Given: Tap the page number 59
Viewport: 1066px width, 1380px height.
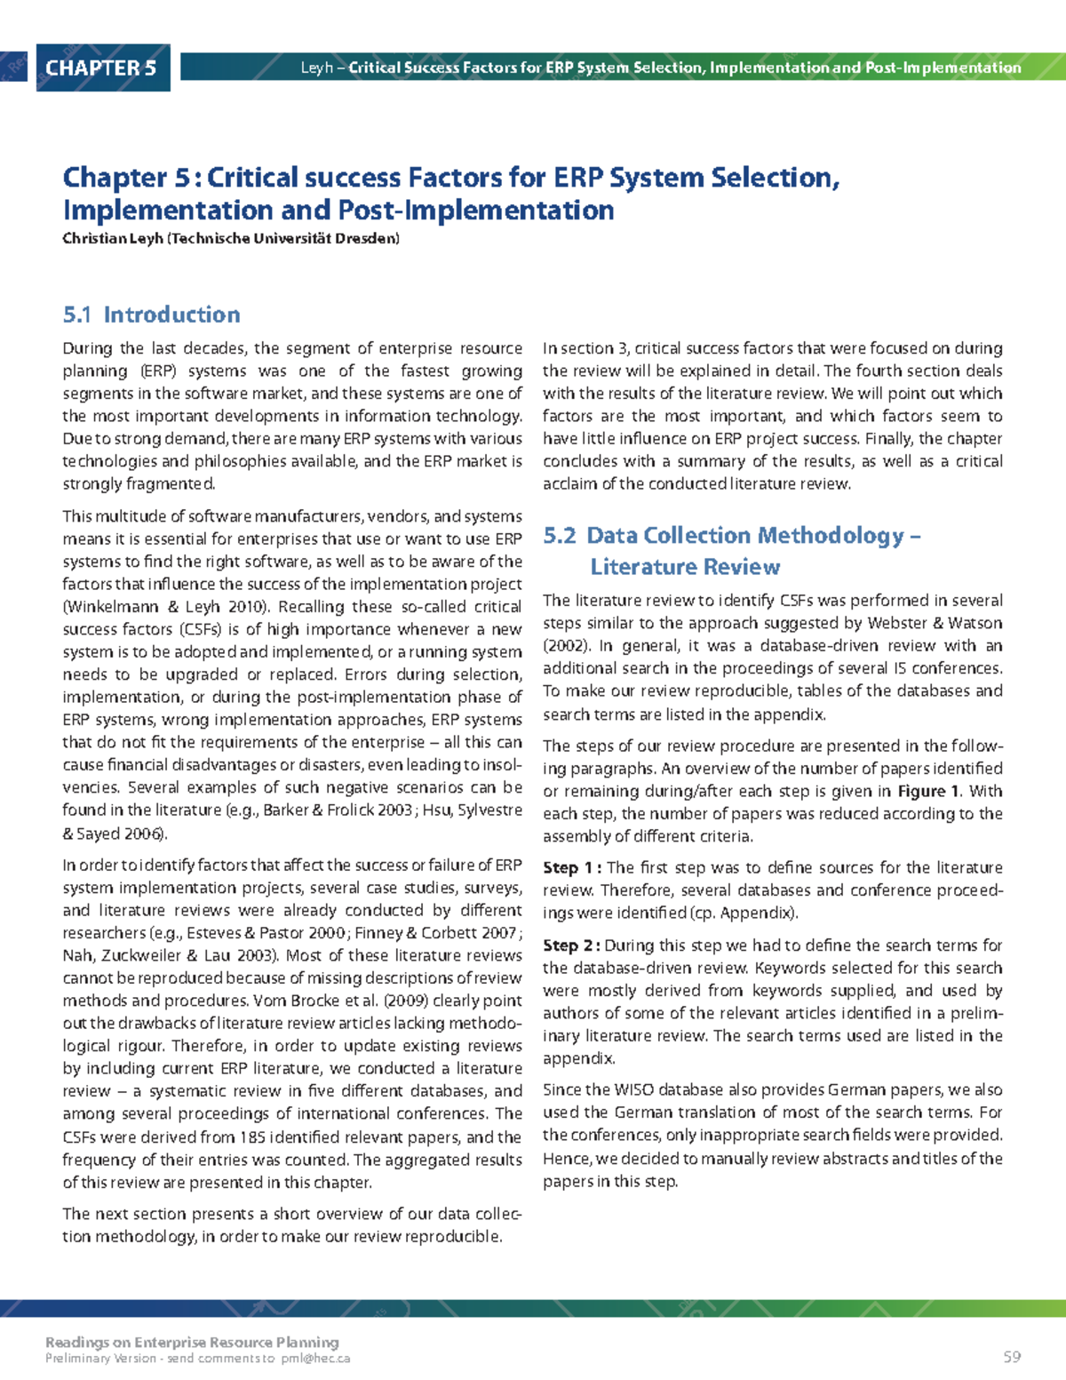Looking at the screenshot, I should coord(1012,1357).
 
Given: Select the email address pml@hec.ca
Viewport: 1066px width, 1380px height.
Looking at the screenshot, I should coord(315,1359).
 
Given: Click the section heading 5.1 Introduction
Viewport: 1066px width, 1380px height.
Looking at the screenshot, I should coord(152,315).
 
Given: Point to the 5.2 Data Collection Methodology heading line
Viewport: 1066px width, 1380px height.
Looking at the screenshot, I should coord(732,536).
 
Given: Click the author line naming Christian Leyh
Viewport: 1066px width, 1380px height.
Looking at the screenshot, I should coord(231,238).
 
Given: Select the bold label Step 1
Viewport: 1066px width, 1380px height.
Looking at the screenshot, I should coord(572,868).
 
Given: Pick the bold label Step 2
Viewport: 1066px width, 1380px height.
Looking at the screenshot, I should coord(572,945).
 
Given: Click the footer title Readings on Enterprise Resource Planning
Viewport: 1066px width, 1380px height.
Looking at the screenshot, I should coord(192,1342).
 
